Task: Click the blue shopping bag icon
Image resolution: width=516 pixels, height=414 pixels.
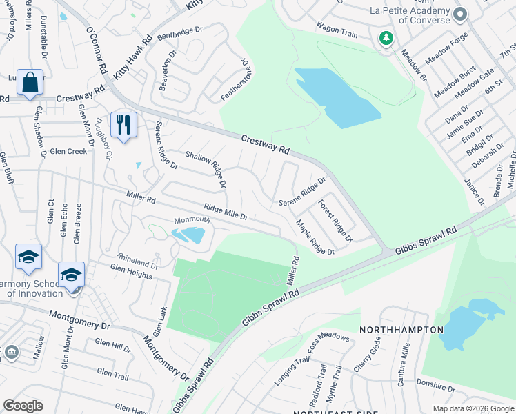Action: click(30, 83)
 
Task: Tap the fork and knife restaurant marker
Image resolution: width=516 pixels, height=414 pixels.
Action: click(123, 125)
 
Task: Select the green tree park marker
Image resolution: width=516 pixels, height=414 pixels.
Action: click(386, 38)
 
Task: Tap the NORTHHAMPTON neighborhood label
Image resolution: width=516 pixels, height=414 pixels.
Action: click(401, 330)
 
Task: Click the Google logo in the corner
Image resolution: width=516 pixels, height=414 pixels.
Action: click(23, 406)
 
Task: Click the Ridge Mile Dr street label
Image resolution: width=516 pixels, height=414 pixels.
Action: click(225, 212)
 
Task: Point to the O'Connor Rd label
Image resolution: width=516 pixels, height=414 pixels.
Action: click(96, 50)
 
